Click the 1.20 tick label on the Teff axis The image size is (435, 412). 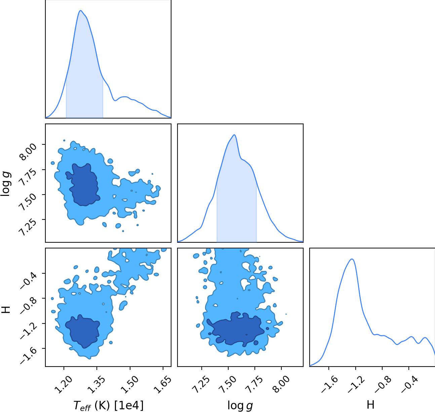pyautogui.click(x=63, y=385)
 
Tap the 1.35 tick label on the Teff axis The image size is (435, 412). pyautogui.click(x=96, y=385)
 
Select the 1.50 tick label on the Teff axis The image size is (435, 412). pyautogui.click(x=129, y=385)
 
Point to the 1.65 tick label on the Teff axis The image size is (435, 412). pyautogui.click(x=162, y=385)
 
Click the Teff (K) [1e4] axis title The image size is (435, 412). pyautogui.click(x=108, y=405)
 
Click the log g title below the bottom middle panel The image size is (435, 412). pyautogui.click(x=240, y=406)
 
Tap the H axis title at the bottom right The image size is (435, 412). pyautogui.click(x=370, y=405)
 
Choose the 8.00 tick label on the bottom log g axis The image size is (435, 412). pyautogui.click(x=281, y=385)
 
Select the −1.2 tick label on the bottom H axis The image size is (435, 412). pyautogui.click(x=356, y=385)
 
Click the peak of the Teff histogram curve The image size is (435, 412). pyautogui.click(x=81, y=10)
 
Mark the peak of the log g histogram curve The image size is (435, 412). pyautogui.click(x=234, y=135)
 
